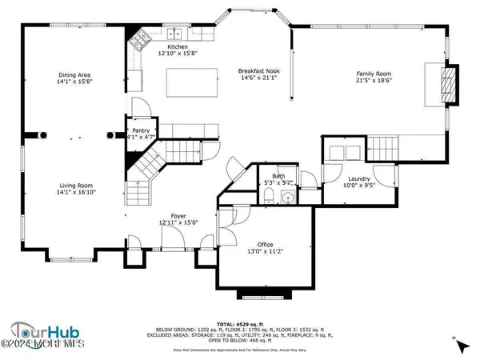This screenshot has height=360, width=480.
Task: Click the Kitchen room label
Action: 155,47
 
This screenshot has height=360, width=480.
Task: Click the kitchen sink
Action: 174,34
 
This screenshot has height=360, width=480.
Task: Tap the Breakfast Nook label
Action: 257,72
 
